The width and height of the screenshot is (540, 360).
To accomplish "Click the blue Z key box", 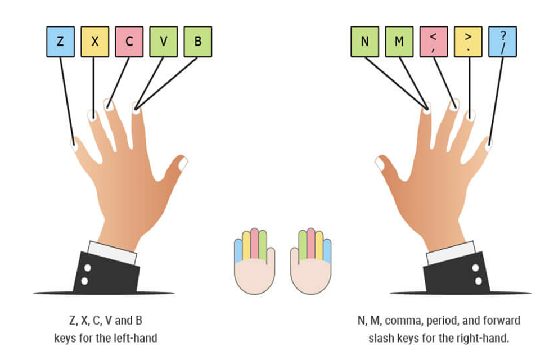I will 60,42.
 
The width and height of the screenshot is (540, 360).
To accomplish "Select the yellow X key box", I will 94,42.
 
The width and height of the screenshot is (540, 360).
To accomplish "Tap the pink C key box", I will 129,42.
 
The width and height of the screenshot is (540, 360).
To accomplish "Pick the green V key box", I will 163,42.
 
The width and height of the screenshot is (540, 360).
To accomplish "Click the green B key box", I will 197,42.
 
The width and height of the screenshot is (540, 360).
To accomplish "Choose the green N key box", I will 364,42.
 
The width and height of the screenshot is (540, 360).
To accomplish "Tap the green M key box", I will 399,42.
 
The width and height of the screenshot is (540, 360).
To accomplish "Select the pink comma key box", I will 433,42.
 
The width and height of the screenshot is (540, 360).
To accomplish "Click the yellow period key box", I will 467,42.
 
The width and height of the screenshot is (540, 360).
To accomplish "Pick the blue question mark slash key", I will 502,42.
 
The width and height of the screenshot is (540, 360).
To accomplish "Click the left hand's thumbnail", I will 182,163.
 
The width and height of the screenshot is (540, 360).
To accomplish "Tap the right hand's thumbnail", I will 380,164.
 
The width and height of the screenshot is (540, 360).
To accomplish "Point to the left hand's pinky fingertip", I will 74,145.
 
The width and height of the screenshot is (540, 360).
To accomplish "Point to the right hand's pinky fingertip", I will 488,145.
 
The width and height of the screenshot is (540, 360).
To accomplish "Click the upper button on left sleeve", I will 85,269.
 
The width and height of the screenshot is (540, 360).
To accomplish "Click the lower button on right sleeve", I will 478,281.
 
